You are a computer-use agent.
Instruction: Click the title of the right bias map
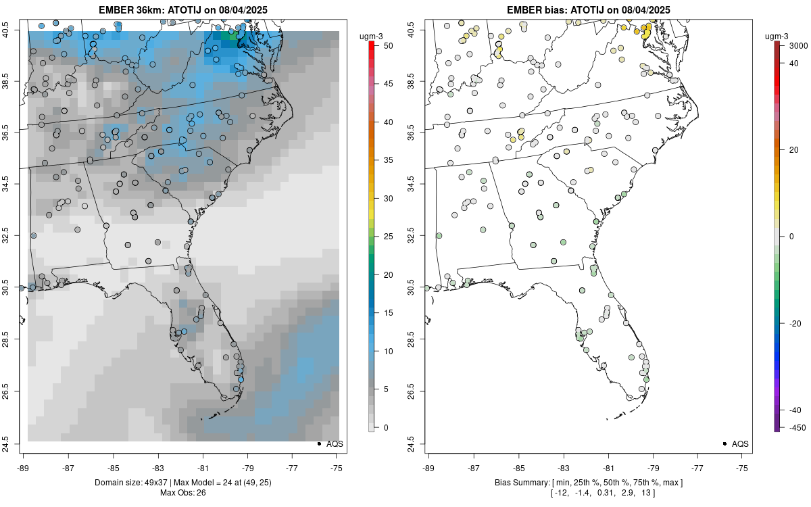589,9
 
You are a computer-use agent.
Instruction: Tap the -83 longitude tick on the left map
158,467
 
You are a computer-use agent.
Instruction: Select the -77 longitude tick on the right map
698,467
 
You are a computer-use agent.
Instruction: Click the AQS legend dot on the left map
319,443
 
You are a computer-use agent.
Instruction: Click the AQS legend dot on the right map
724,443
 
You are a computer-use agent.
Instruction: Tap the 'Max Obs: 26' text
182,492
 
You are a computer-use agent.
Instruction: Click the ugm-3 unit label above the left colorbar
372,35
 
